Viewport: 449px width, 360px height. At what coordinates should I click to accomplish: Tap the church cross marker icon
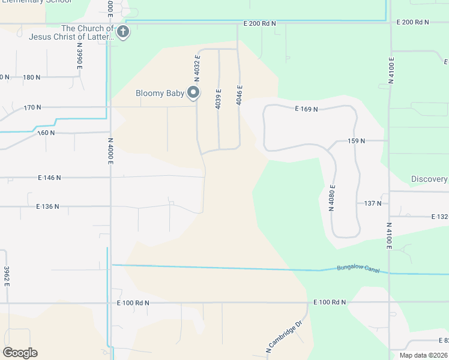click(123, 32)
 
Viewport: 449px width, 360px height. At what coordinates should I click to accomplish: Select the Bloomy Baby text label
click(159, 93)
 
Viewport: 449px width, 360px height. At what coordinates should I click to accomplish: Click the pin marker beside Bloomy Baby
click(193, 92)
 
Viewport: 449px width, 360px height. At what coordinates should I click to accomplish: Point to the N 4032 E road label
click(197, 67)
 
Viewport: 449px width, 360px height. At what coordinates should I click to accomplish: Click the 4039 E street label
click(218, 99)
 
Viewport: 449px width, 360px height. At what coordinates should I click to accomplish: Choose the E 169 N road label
click(306, 109)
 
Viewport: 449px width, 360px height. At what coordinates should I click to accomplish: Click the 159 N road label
click(356, 141)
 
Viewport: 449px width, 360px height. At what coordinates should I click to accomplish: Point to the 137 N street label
click(373, 203)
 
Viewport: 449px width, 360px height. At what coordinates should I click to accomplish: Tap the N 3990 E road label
click(79, 59)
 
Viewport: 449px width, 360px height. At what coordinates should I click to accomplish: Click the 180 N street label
click(32, 77)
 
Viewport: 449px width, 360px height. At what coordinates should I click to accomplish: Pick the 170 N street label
click(32, 108)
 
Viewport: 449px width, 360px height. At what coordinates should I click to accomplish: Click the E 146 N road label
click(49, 178)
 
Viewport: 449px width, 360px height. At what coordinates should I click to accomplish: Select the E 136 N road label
click(47, 206)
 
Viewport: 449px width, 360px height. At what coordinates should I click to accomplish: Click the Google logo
click(20, 352)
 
